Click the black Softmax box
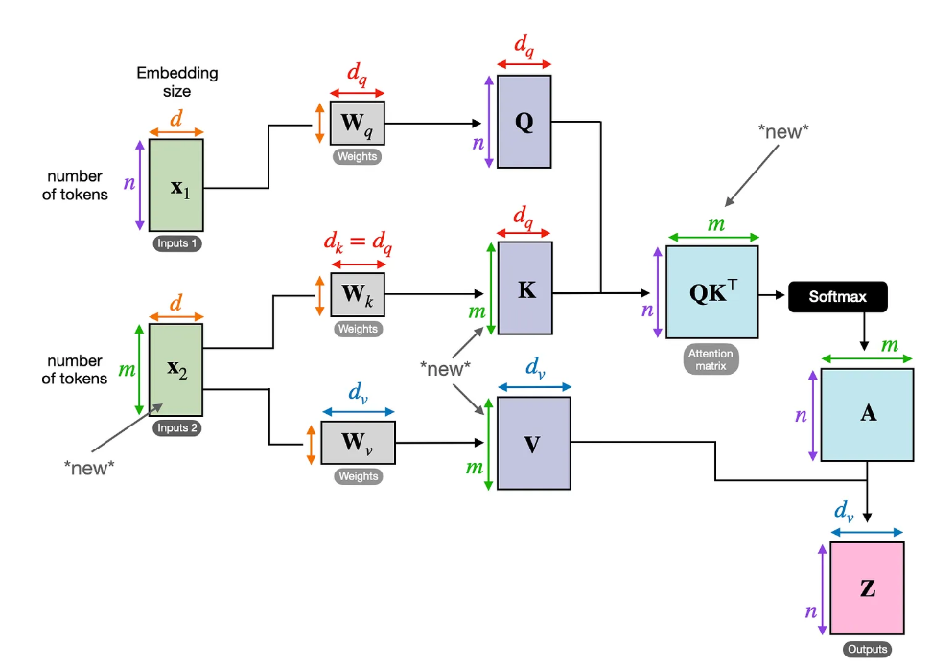point(837,296)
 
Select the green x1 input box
point(175,185)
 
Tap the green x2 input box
point(175,370)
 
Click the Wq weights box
point(358,123)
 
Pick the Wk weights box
point(358,295)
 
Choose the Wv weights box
point(358,443)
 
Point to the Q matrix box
point(524,122)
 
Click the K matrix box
point(525,288)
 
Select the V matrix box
point(534,444)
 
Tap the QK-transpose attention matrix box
point(712,292)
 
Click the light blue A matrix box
point(867,415)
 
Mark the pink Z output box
point(867,588)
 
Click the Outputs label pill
point(867,649)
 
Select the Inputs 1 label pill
point(176,243)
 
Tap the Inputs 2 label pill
point(176,427)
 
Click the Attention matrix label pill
point(711,359)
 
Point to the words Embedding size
point(177,82)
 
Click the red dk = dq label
point(358,242)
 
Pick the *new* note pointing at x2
point(89,468)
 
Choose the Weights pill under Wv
point(358,476)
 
